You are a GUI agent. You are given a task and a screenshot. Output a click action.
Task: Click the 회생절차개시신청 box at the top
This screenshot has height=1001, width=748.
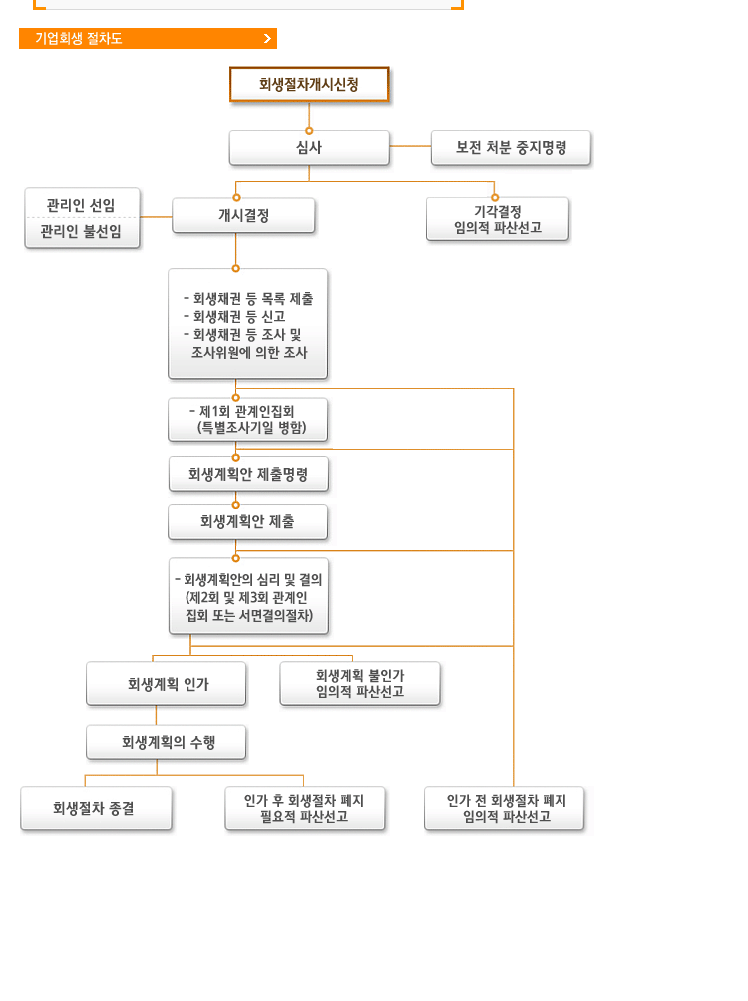[x=309, y=85]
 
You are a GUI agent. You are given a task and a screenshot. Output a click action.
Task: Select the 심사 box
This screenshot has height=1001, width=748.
[x=309, y=147]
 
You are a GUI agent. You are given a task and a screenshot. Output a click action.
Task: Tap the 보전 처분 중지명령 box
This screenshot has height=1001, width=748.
[x=511, y=147]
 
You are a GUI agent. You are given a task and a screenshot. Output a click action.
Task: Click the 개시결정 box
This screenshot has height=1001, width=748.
[x=243, y=215]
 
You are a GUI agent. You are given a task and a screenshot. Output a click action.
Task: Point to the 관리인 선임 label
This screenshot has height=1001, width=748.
[x=81, y=204]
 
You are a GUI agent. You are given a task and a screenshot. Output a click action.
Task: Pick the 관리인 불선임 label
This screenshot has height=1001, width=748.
[x=81, y=232]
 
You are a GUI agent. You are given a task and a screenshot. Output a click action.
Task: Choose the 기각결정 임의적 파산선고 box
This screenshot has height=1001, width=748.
[x=497, y=219]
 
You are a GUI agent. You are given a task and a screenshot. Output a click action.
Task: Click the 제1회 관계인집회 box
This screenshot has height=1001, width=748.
[x=247, y=419]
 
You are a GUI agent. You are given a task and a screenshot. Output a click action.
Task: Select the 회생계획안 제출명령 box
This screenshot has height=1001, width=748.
[x=248, y=474]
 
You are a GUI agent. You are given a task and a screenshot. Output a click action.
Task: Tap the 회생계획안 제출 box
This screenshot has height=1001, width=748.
[x=247, y=521]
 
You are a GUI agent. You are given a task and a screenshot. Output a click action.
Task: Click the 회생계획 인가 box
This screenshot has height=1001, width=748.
[x=166, y=684]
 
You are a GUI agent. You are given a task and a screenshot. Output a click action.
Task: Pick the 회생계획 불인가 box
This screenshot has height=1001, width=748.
[x=359, y=683]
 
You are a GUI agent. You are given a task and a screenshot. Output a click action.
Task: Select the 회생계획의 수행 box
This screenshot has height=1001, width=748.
[x=166, y=743]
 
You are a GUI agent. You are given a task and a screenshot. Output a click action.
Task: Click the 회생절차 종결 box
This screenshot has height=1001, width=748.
[x=96, y=808]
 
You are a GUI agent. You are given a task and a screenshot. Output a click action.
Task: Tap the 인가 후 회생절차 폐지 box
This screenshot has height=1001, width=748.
[x=304, y=808]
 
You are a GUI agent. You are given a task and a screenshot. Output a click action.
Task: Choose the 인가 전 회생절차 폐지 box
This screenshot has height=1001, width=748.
[x=504, y=808]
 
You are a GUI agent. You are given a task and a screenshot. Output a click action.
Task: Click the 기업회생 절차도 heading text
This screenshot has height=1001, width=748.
[x=79, y=39]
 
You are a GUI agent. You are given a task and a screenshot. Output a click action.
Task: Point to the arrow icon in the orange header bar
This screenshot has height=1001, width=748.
[x=267, y=39]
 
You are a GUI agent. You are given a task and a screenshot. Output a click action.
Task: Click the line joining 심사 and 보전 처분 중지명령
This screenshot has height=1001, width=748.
[x=410, y=146]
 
